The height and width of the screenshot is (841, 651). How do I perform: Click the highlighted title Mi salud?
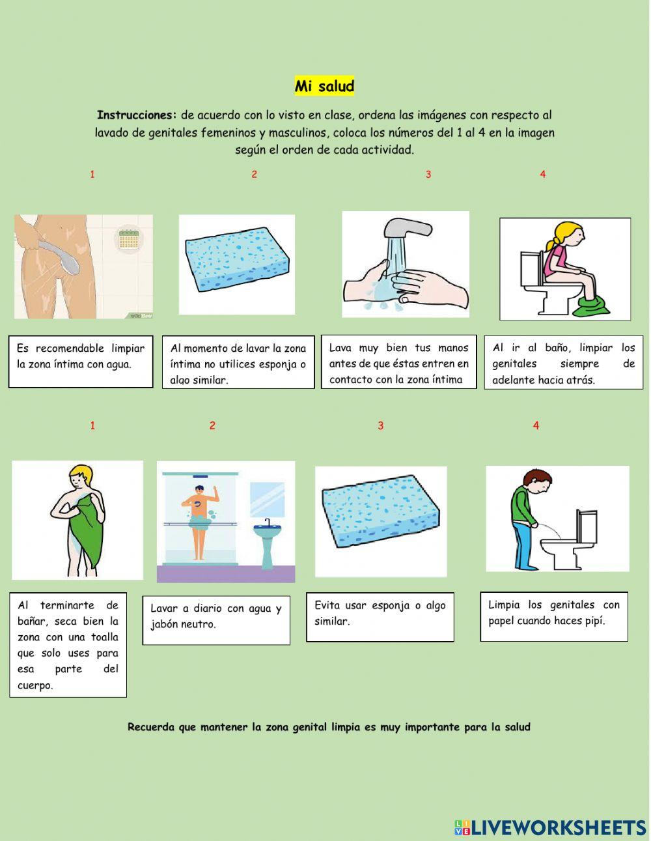coord(324,86)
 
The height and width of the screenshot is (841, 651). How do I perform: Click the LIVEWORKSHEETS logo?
coord(550,827)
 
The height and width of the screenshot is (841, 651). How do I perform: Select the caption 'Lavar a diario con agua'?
coord(215,616)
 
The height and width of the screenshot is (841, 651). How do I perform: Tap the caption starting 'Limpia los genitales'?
coord(553,613)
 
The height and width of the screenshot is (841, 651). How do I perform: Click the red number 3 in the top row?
coord(428,175)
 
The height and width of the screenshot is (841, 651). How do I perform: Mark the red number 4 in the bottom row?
coord(536,426)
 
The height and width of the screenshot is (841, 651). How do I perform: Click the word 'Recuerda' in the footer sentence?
coord(151,727)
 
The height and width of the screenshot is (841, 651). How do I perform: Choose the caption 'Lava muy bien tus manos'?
coord(398,363)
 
